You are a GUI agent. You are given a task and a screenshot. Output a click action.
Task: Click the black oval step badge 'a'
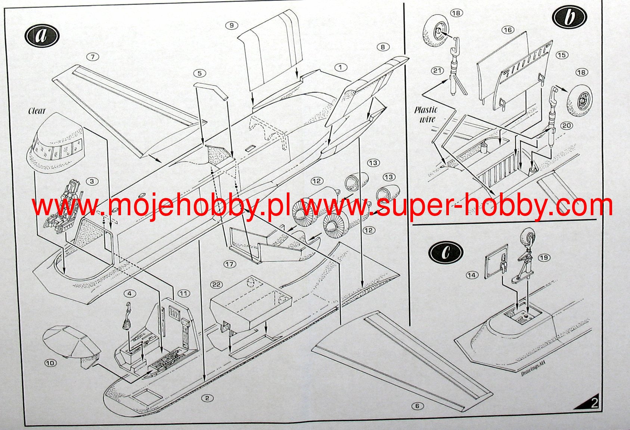click(x=42, y=36)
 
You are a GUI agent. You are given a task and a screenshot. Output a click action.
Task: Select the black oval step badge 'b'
click(x=569, y=17)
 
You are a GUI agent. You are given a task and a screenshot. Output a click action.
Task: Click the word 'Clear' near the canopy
click(x=37, y=111)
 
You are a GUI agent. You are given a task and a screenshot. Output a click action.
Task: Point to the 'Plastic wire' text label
click(x=426, y=114)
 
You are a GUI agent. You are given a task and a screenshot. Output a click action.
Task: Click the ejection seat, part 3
click(x=65, y=205)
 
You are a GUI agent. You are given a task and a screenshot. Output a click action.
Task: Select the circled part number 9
click(x=232, y=25)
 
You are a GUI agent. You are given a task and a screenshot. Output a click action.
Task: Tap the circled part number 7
click(x=92, y=57)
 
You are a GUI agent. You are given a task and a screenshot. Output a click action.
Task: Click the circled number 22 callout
click(x=216, y=285)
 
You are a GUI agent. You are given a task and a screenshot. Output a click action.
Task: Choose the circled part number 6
click(x=418, y=406)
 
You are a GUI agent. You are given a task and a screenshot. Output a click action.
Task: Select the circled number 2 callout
click(x=208, y=398)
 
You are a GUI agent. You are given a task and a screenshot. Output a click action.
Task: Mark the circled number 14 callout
click(x=472, y=275)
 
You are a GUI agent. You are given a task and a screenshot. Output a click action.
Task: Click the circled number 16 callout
click(x=508, y=30)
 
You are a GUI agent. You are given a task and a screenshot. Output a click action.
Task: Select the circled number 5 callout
click(x=199, y=73)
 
